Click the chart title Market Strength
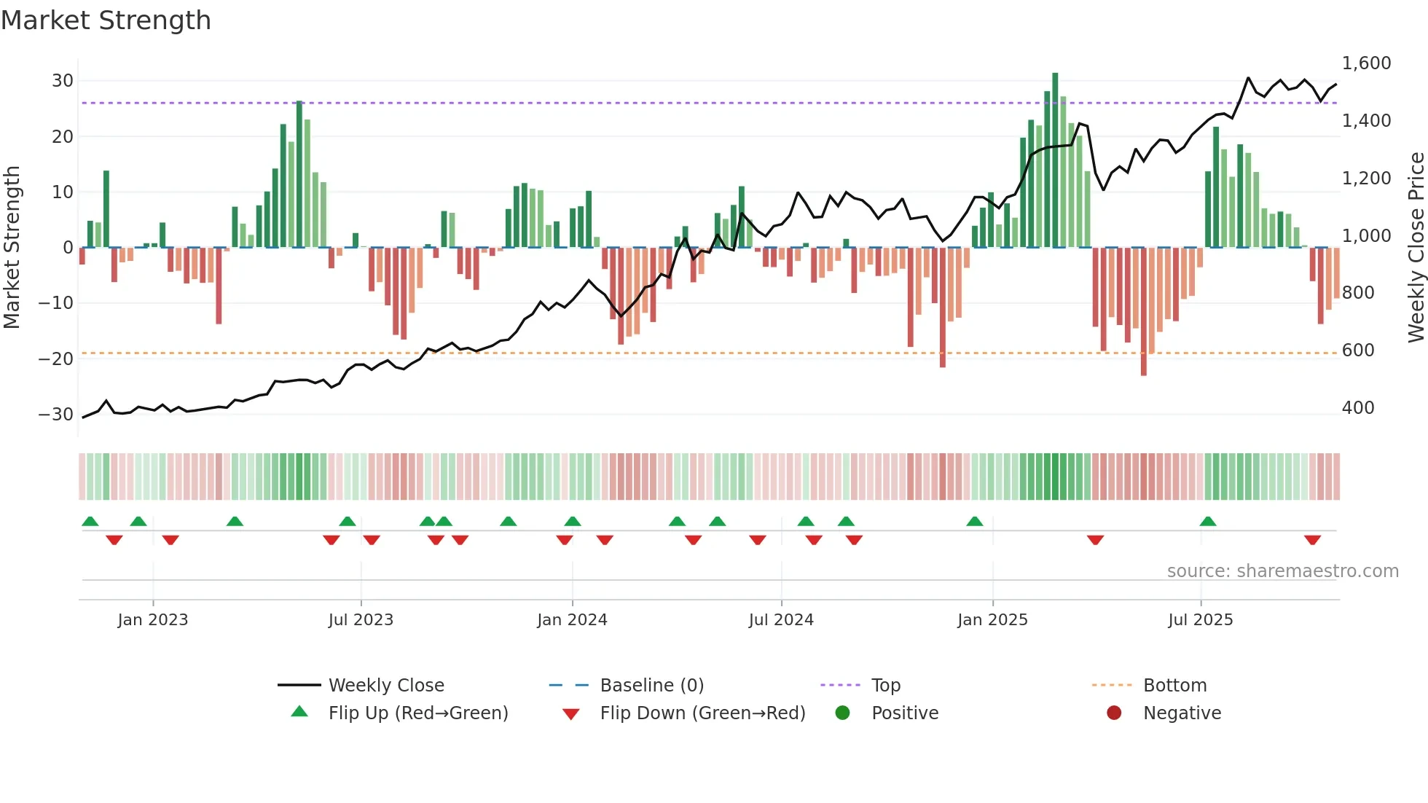106,20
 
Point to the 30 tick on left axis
63,81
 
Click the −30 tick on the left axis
56,415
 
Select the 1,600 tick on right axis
1366,63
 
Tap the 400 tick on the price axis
1358,408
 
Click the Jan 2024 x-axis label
572,620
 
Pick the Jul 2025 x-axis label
1200,620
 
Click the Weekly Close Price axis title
1416,248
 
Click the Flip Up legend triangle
299,712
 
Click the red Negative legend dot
1114,713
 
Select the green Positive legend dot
842,713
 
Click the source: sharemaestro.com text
1282,571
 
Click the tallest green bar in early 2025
1055,160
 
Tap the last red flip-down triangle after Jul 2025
1312,540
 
